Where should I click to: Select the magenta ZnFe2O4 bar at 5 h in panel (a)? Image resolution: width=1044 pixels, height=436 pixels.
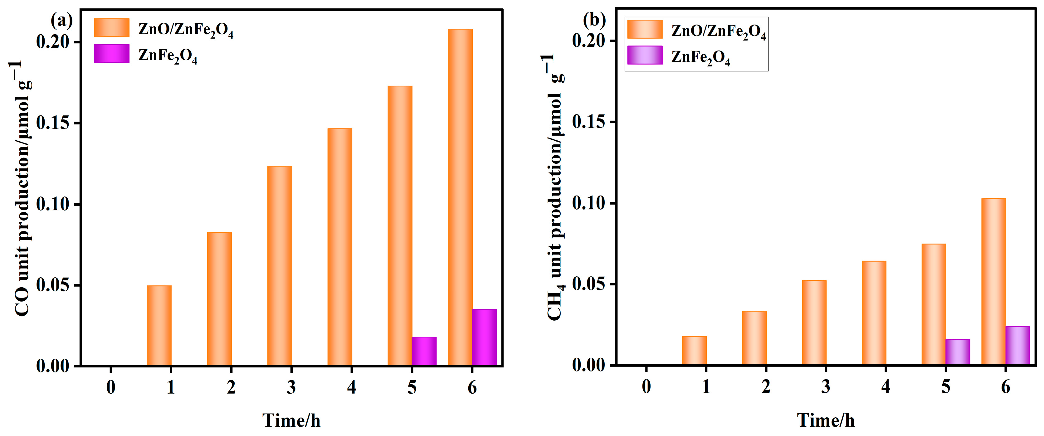424,351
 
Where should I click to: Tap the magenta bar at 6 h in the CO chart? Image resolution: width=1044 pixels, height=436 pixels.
484,337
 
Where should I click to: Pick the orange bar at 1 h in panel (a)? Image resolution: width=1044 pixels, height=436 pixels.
159,326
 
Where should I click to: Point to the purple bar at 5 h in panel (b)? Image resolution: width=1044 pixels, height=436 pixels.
958,352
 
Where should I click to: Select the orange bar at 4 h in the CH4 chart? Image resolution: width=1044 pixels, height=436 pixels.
874,313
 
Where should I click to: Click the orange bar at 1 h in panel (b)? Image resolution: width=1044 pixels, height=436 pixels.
694,351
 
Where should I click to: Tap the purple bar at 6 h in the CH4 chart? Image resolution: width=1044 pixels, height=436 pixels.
1018,346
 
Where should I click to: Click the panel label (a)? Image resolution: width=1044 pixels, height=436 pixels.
61,20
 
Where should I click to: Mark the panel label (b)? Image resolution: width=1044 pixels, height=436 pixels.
594,19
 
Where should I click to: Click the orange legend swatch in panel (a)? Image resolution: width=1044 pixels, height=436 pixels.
111,27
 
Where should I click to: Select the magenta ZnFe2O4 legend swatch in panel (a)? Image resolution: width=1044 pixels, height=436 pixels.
111,54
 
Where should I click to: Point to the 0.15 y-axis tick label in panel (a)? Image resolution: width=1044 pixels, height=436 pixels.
53,123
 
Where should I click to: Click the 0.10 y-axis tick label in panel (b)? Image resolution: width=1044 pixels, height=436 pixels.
588,203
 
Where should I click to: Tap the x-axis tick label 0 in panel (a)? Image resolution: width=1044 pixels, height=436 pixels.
111,387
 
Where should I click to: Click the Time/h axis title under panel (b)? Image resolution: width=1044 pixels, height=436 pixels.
826,420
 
